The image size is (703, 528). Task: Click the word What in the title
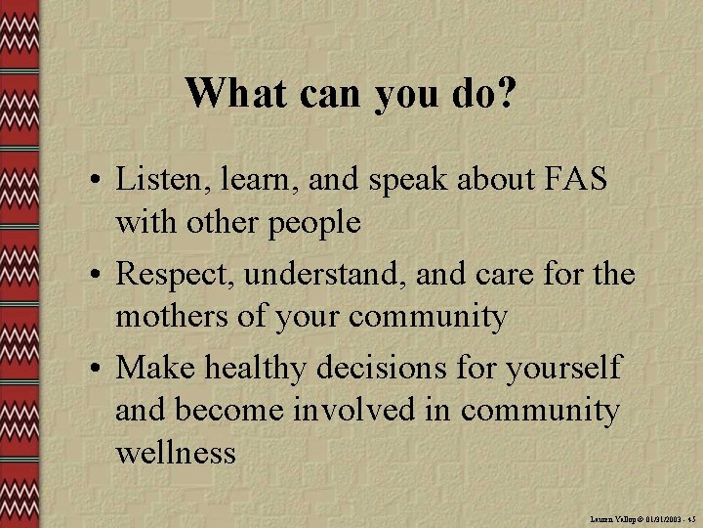232,94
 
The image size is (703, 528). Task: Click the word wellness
176,453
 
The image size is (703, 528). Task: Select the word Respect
175,276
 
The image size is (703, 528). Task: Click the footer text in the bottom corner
640,519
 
